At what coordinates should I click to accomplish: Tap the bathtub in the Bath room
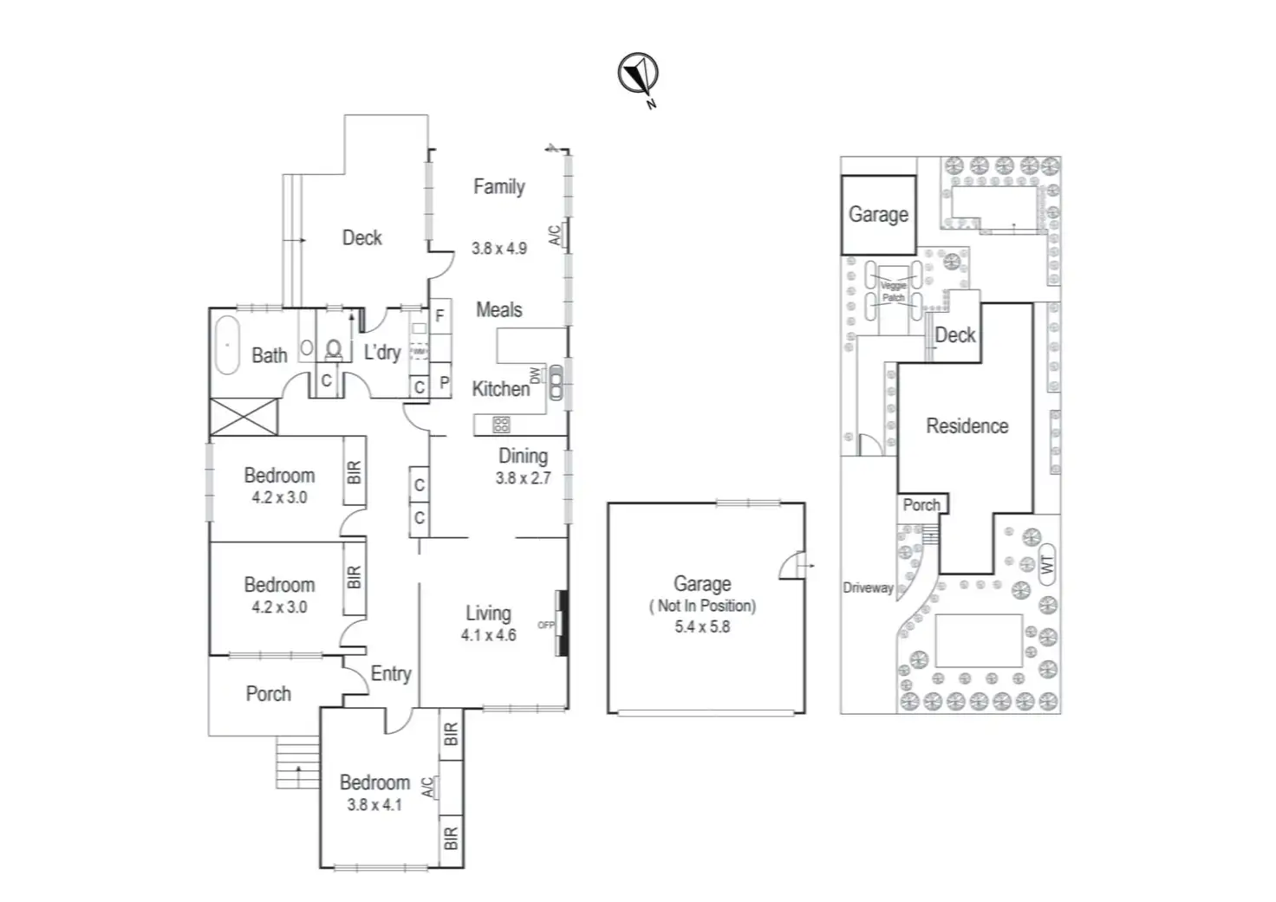pyautogui.click(x=227, y=345)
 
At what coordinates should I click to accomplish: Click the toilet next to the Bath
pyautogui.click(x=333, y=349)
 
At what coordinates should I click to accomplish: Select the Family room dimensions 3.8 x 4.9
pyautogui.click(x=498, y=248)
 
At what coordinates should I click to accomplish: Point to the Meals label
pyautogui.click(x=498, y=309)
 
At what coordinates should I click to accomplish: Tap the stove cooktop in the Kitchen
pyautogui.click(x=502, y=425)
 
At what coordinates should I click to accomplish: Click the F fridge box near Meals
pyautogui.click(x=439, y=316)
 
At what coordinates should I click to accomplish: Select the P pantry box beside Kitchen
pyautogui.click(x=444, y=382)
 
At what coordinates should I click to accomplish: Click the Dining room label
pyautogui.click(x=523, y=456)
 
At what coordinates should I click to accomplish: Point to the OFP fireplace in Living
pyautogui.click(x=559, y=624)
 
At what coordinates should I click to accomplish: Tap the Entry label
pyautogui.click(x=390, y=673)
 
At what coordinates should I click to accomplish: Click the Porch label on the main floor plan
pyautogui.click(x=268, y=693)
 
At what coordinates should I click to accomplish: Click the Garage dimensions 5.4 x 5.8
pyautogui.click(x=702, y=626)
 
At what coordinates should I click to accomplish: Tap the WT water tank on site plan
pyautogui.click(x=1046, y=564)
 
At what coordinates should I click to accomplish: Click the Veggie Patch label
pyautogui.click(x=893, y=291)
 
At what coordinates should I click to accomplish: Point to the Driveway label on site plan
pyautogui.click(x=868, y=587)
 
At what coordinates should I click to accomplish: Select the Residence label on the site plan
pyautogui.click(x=967, y=425)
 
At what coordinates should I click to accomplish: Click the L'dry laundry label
pyautogui.click(x=381, y=352)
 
